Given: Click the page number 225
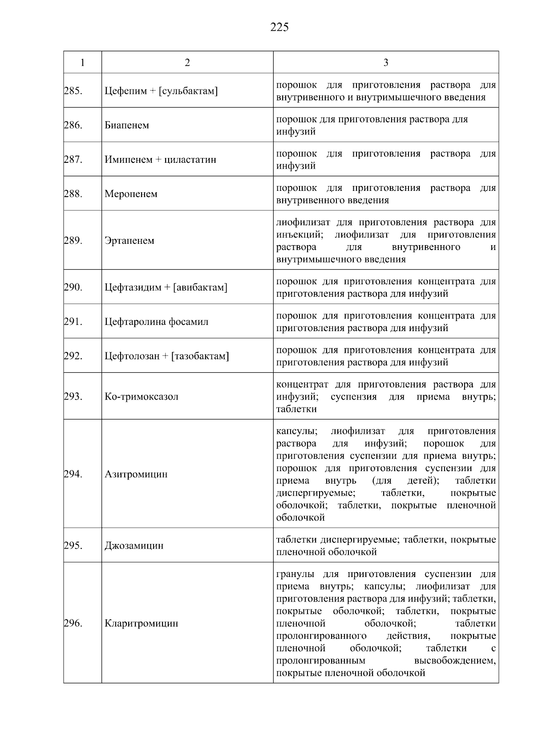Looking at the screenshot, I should [279, 28].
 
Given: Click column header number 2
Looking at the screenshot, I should [187, 63].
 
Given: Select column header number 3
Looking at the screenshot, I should [386, 63].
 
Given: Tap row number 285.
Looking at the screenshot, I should [73, 91].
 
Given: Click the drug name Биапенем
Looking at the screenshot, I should [127, 125].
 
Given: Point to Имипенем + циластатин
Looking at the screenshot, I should [160, 160].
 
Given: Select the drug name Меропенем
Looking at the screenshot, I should [131, 194].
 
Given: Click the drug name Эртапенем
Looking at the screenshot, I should [129, 241].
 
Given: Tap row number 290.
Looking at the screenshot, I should [73, 287].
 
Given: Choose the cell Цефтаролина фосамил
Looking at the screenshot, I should [157, 322].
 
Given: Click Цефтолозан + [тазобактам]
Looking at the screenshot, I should [167, 356].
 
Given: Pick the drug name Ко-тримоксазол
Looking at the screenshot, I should [142, 396].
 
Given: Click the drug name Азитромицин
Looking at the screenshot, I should [136, 474].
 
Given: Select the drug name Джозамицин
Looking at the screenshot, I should [134, 546].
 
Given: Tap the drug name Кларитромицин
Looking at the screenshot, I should [142, 623].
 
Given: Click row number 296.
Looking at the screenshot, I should [73, 623].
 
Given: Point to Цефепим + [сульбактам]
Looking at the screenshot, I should [161, 91].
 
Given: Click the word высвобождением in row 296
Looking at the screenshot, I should [454, 661].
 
